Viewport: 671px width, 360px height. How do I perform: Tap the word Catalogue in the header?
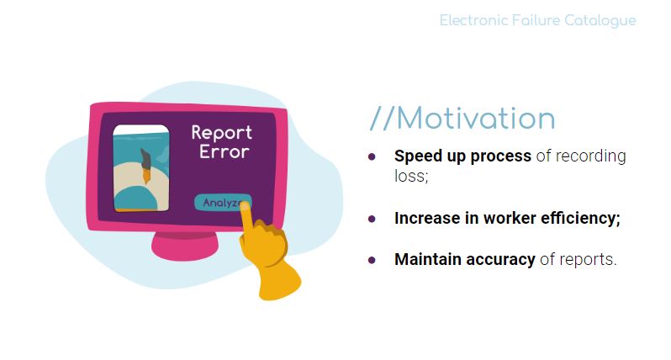(x=600, y=21)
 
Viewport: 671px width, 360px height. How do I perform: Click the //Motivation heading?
(x=462, y=118)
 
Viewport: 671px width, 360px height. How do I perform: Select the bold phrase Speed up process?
(x=462, y=156)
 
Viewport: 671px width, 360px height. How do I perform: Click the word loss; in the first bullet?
(x=411, y=176)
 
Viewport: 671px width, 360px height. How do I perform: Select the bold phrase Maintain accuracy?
(x=465, y=259)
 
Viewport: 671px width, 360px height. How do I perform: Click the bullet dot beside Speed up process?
(x=372, y=157)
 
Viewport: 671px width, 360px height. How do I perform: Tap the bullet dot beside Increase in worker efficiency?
(x=372, y=220)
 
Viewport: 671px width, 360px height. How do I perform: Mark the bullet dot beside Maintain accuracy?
(x=372, y=260)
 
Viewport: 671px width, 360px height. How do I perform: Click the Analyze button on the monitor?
(x=222, y=203)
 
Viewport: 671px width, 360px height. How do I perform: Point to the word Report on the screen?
(x=222, y=133)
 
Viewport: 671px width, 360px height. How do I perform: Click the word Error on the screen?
(x=224, y=152)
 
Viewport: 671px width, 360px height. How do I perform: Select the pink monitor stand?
(x=185, y=246)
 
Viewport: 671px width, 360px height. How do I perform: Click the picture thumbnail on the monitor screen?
(x=140, y=168)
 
